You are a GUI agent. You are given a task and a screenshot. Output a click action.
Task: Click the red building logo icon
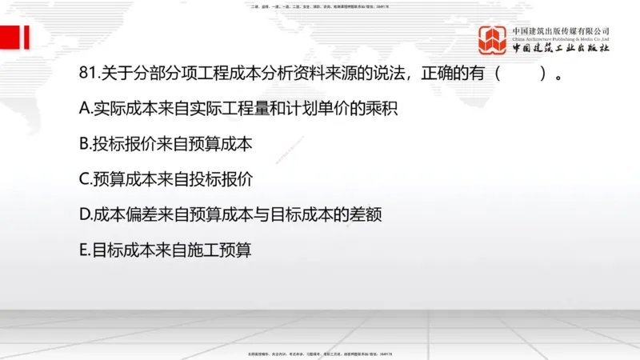[493, 40]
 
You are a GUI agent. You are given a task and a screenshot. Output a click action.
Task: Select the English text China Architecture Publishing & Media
[561, 38]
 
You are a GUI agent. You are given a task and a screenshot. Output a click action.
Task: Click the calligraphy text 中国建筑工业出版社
[561, 49]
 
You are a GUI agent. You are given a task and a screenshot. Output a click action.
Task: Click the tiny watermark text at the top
[320, 6]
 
